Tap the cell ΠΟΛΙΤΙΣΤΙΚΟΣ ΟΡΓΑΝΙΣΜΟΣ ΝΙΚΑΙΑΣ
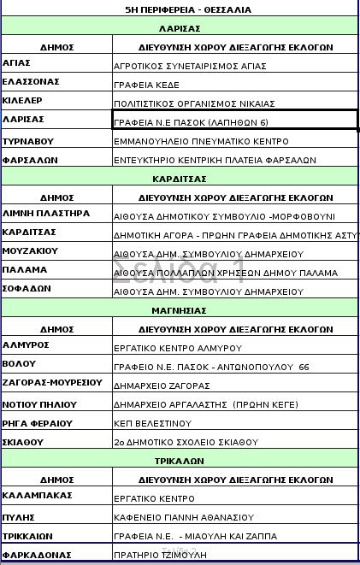point(194,103)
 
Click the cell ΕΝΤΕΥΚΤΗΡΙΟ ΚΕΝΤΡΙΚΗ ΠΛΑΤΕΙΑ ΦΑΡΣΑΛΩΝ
point(215,160)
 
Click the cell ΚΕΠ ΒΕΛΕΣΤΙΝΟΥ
point(151,423)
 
